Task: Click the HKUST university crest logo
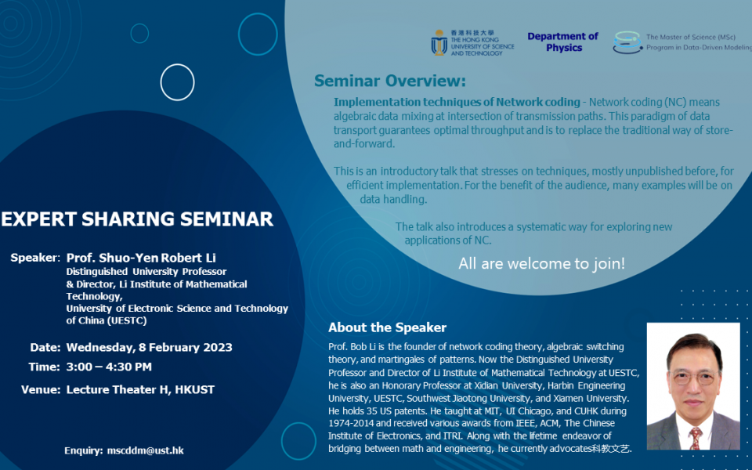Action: [x=439, y=42]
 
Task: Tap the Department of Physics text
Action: [x=562, y=42]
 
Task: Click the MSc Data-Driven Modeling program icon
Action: [x=627, y=42]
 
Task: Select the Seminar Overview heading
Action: [x=389, y=81]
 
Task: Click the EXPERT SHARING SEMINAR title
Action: [x=137, y=219]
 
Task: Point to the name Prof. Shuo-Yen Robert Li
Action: [x=141, y=258]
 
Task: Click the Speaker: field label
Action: [x=35, y=258]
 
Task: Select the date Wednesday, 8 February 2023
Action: [x=149, y=347]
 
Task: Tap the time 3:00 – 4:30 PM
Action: [x=109, y=367]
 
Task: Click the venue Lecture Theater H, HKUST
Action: [x=140, y=389]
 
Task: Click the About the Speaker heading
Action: [x=387, y=327]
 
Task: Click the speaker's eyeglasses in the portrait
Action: [x=692, y=376]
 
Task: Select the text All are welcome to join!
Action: [x=541, y=263]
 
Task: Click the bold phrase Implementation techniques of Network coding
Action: [x=457, y=103]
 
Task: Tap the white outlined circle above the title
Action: [x=177, y=81]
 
